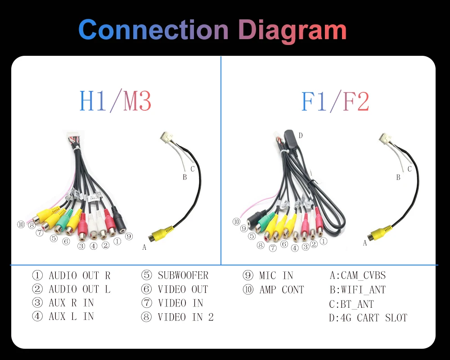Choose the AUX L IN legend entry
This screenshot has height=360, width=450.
click(63, 317)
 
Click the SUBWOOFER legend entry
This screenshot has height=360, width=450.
click(175, 275)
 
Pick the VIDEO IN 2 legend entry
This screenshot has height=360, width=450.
click(177, 317)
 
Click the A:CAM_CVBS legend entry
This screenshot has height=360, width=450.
click(357, 275)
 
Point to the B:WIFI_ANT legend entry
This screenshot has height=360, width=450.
click(357, 290)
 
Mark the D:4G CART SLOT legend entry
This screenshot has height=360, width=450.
click(368, 318)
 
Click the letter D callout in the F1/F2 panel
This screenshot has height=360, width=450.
click(301, 135)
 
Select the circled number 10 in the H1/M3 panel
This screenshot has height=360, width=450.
click(21, 225)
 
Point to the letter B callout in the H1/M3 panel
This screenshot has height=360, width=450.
click(184, 177)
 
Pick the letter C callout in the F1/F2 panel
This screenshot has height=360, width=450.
click(409, 169)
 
